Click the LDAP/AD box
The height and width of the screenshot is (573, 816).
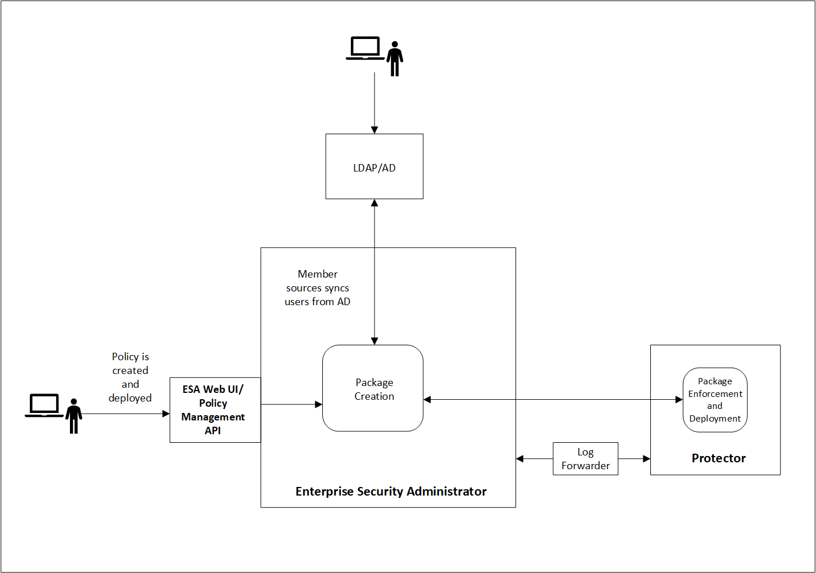click(374, 167)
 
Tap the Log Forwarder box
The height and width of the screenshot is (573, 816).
click(585, 459)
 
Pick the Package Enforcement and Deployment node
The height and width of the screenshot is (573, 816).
click(715, 400)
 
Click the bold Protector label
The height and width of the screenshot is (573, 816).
click(718, 458)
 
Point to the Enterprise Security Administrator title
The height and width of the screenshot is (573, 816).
click(391, 491)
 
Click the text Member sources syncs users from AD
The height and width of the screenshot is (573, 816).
click(317, 288)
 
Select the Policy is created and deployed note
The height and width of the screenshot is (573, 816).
click(130, 377)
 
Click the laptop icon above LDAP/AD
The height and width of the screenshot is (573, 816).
click(365, 48)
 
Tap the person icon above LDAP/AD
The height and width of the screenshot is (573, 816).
click(395, 59)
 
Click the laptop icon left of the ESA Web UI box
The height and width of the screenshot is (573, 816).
click(44, 406)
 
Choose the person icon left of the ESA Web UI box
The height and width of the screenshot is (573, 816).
click(73, 416)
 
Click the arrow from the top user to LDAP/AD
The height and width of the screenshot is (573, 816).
click(374, 103)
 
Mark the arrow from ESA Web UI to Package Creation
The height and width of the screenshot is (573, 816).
click(291, 404)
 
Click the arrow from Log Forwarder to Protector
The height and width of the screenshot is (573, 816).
click(634, 459)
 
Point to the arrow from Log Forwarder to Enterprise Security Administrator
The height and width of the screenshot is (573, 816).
click(534, 459)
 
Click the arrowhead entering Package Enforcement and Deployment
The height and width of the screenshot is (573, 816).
click(679, 400)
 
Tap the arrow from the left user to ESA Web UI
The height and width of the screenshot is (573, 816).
click(126, 414)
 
